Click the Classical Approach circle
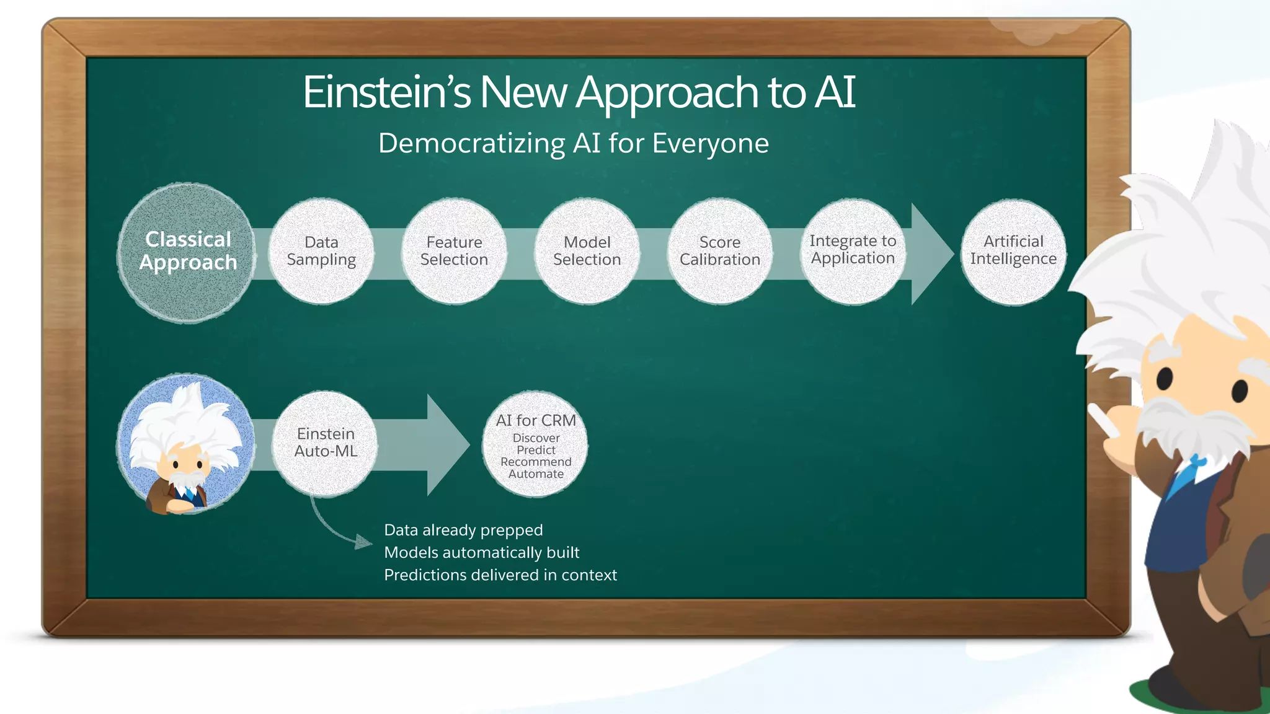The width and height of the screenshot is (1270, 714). [x=187, y=252]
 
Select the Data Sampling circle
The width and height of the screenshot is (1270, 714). [x=321, y=251]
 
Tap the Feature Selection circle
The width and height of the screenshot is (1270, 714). [x=454, y=251]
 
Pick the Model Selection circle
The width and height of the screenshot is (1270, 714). [x=587, y=251]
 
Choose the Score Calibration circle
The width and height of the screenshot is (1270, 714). [x=719, y=251]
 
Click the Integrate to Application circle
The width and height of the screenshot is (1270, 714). [x=853, y=251]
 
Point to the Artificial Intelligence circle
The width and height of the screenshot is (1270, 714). [x=1013, y=252]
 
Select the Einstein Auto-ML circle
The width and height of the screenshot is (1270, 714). [x=326, y=443]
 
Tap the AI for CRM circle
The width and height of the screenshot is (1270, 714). [x=536, y=444]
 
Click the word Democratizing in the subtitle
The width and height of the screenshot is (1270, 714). [x=471, y=144]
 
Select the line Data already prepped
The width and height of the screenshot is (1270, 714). [x=463, y=531]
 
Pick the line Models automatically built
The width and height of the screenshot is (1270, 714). [x=481, y=553]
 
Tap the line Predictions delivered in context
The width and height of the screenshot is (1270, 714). [x=500, y=575]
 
